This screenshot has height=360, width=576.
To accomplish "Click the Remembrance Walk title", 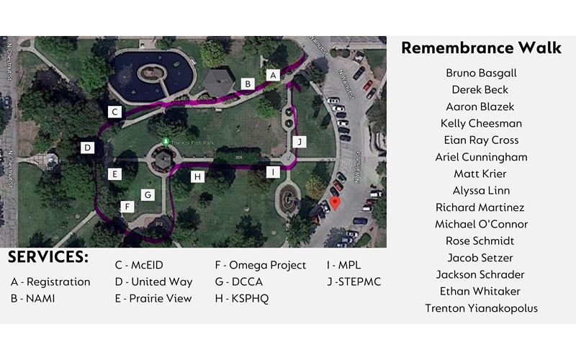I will tap(481, 48).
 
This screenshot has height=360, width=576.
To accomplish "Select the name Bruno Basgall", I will tap(481, 73).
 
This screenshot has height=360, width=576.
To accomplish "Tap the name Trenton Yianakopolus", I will tap(481, 308).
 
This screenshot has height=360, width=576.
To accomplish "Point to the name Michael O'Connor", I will tap(481, 224).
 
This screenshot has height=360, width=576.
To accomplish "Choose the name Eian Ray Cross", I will tap(481, 140).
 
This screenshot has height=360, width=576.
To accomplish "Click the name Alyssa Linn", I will tap(481, 191).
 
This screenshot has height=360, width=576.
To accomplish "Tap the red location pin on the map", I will tap(334, 186).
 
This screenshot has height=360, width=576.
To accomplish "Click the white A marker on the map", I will tap(272, 74).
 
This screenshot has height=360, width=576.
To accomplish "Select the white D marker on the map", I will tap(87, 148).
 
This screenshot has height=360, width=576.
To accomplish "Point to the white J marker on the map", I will tap(300, 141).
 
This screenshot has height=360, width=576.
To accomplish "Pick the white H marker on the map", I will tap(197, 176).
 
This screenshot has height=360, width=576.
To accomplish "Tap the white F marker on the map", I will tap(128, 207).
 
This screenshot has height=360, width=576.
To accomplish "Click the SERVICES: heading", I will tap(48, 257).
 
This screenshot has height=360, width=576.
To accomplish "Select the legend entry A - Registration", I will tap(50, 282).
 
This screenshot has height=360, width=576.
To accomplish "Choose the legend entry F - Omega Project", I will tap(260, 265).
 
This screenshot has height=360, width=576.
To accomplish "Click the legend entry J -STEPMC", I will tap(354, 282).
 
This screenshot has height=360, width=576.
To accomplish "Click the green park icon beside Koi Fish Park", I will tap(166, 141).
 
